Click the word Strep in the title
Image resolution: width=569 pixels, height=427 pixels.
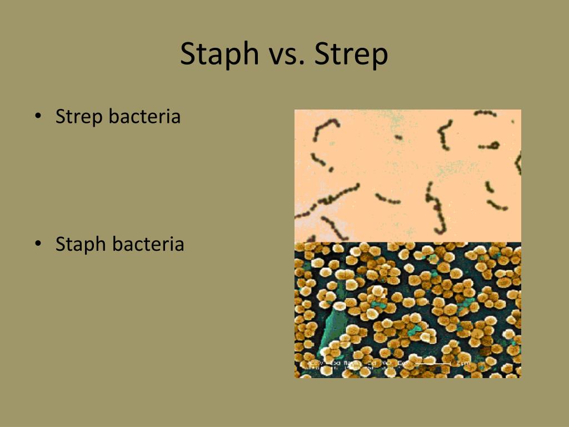351,54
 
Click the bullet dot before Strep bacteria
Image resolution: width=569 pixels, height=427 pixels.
38,117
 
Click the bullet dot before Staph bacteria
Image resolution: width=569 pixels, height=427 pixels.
38,244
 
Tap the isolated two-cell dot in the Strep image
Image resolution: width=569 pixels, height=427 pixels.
398,137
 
